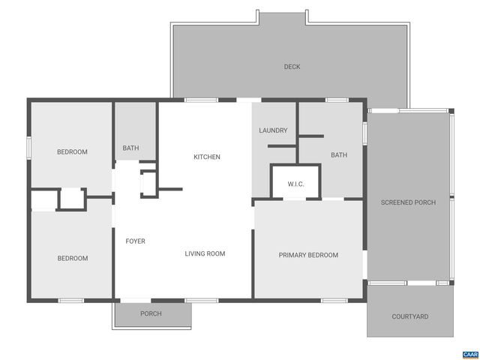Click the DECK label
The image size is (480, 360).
coord(292,67)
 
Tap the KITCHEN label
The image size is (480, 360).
coord(207,157)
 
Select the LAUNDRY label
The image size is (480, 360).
coord(273,130)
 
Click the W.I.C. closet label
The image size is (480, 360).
coord(295,184)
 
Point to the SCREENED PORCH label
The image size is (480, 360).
coord(408,202)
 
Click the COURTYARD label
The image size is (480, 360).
coord(410,316)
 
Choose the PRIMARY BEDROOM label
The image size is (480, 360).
coord(308,255)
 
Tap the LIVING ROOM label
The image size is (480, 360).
coord(205,253)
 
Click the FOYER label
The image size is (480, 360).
coord(135,241)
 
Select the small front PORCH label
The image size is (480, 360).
coord(151,313)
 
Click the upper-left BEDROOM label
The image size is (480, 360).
coord(72,152)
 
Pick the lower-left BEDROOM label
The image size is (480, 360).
coord(73,259)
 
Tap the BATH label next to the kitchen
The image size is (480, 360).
coord(130,148)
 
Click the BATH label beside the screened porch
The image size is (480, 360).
coord(339,155)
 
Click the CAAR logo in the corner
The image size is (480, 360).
coord(469,352)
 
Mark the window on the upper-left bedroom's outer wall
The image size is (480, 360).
coord(29,148)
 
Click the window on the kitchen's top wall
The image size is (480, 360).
coord(196,99)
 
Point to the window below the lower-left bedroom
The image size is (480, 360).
coord(71,301)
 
